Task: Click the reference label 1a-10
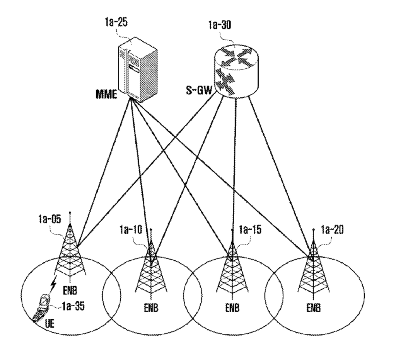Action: point(132,231)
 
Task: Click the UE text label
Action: point(50,324)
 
